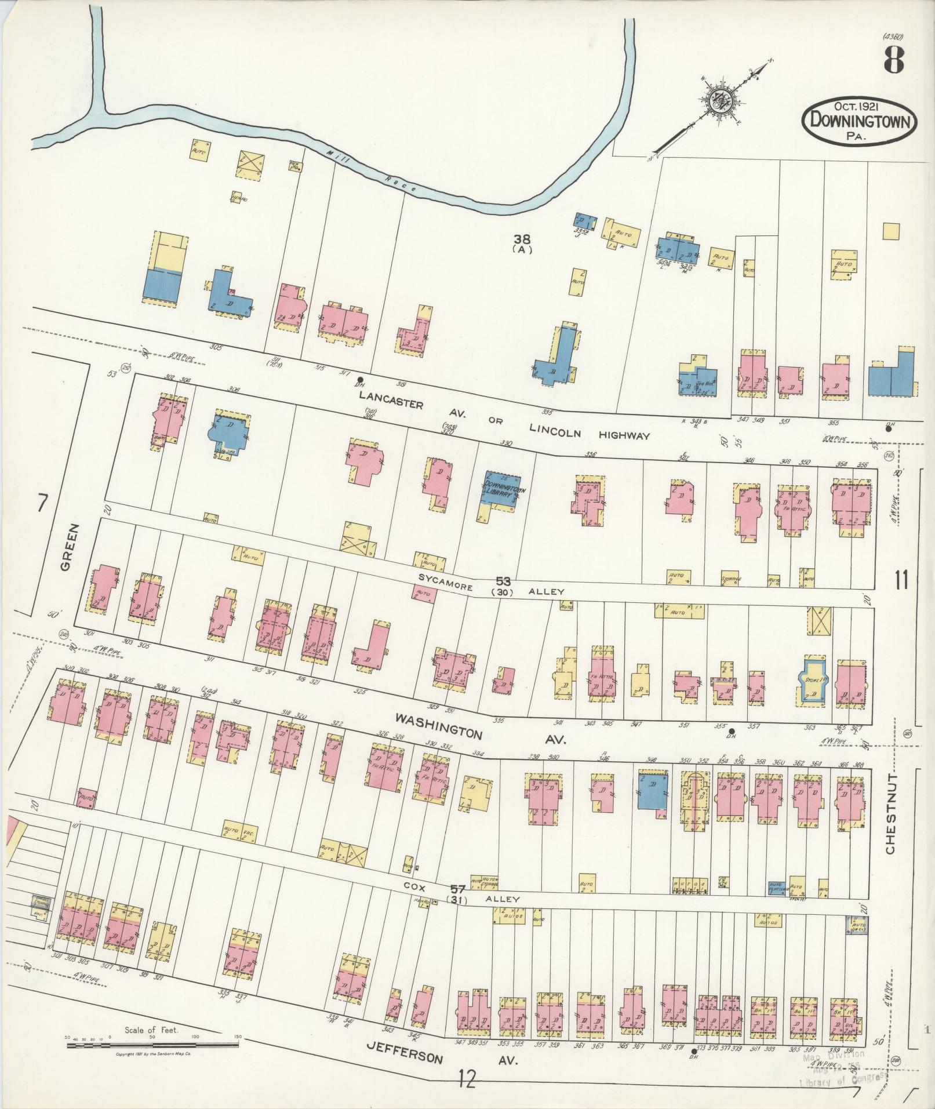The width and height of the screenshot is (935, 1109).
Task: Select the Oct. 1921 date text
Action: coord(859,107)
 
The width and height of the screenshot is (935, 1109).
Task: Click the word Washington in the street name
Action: coord(438,725)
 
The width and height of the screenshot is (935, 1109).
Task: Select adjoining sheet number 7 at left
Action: coord(41,504)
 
